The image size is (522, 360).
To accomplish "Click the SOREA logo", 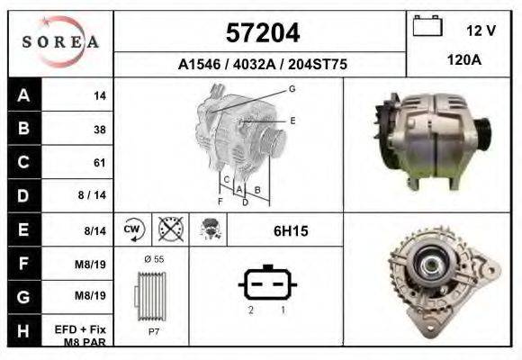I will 61,43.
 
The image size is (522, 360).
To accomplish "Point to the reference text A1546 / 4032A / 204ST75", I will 261,66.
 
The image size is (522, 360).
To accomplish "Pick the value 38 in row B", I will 99,130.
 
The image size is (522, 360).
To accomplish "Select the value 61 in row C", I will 99,163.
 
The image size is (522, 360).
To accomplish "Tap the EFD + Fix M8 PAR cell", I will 85,335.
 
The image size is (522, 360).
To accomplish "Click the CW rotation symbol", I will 132,230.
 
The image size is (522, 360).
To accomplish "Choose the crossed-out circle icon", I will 168,230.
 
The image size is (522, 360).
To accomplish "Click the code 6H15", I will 291,231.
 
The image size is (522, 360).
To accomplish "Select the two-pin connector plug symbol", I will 266,285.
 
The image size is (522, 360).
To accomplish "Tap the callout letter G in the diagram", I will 292,88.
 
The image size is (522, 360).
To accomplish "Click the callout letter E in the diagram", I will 292,120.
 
